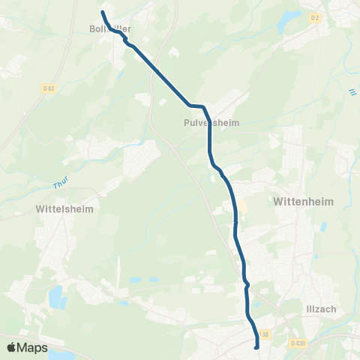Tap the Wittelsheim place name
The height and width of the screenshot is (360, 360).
64,209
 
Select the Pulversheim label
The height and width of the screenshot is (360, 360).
210,121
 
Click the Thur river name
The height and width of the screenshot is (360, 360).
60,184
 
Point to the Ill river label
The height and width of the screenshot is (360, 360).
351,93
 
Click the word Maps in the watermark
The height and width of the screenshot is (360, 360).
33,347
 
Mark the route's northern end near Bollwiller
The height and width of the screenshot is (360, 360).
103,12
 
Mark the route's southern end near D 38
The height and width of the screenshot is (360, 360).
256,347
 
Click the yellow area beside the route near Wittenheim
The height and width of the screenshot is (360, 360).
241,206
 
